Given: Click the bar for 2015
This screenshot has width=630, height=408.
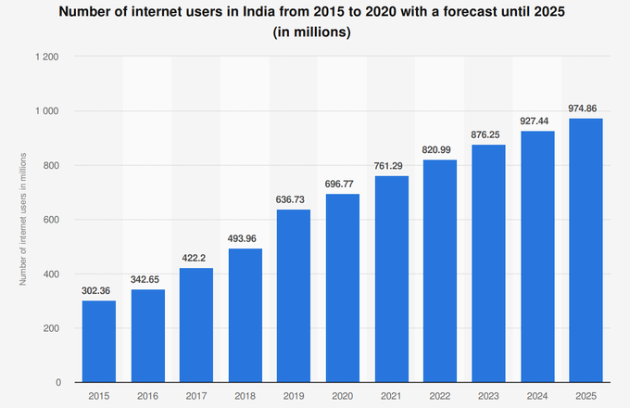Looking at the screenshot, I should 99,341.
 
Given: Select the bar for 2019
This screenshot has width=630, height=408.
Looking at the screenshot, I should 294,296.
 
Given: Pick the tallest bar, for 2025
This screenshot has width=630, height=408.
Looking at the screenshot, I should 586,250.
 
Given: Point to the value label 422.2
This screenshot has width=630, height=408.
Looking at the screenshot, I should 196,260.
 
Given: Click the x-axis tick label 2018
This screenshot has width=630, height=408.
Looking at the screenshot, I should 245,397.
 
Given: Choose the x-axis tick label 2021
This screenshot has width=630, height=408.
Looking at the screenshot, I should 391,397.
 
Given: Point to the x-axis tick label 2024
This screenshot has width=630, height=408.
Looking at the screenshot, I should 537,397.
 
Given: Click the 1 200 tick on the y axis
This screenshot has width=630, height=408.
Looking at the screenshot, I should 47,57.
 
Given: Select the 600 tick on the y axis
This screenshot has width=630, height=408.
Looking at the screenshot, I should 52,220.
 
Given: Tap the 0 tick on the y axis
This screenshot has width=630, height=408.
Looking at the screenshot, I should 58,382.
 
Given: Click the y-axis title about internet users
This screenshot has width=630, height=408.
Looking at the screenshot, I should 22,220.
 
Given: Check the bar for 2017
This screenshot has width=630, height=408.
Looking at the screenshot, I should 196,325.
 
